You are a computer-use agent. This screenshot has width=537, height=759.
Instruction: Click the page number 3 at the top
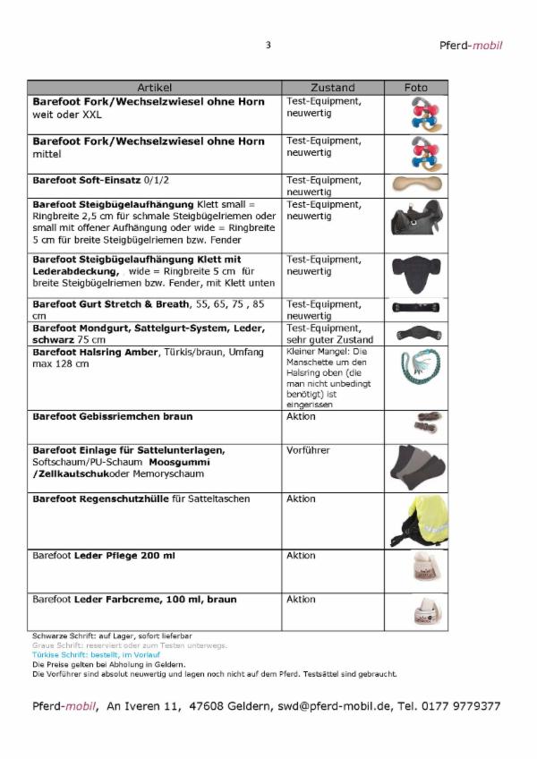coord(268,46)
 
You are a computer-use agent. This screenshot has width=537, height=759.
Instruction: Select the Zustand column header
coord(332,88)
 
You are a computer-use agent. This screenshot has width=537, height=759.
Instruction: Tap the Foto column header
coord(416,88)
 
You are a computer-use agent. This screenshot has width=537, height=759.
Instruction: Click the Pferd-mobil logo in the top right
coord(471,46)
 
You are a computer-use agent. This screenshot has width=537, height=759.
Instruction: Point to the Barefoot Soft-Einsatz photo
coord(416,183)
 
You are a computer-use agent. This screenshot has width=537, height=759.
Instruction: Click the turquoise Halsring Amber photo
coord(416,375)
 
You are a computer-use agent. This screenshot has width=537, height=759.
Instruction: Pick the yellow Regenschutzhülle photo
coord(416,520)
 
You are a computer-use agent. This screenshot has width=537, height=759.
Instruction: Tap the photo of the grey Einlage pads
coord(416,465)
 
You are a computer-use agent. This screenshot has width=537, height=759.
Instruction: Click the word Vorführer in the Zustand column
coord(308,450)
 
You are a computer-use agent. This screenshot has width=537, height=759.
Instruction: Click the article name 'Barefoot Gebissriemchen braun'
coord(113,417)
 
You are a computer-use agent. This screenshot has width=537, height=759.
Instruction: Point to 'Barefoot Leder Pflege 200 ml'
coord(104,556)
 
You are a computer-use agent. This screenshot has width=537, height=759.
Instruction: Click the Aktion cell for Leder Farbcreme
coord(301,600)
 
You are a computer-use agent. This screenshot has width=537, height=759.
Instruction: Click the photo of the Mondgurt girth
coord(416,334)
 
